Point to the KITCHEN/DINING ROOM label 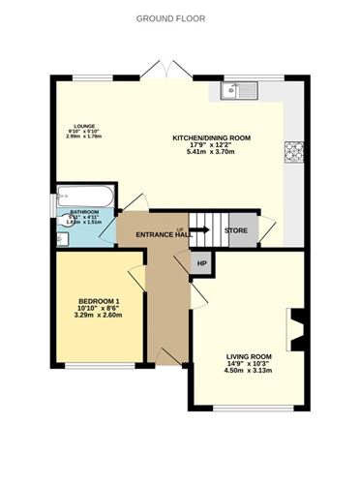coord(211,138)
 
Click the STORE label coord(235,231)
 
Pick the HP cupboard coord(202,263)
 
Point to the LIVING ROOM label coord(249,357)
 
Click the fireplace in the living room coord(296,328)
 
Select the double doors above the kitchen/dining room coord(166,70)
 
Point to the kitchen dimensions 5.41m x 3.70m coord(211,152)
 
